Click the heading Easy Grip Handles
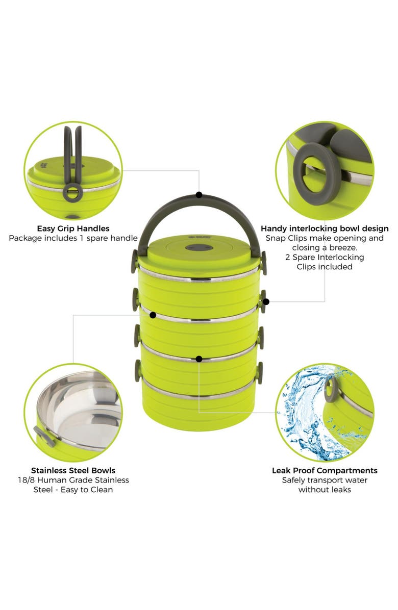tap(73, 228)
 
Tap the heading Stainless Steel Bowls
tap(73, 470)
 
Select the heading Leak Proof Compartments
tap(325, 470)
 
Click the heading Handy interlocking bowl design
tap(325, 228)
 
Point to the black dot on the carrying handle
tap(199, 195)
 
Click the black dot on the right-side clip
tap(266, 301)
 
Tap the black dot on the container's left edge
tap(153, 315)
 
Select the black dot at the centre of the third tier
tap(199, 359)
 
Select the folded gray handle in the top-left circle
tap(72, 153)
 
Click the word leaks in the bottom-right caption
tap(339, 490)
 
